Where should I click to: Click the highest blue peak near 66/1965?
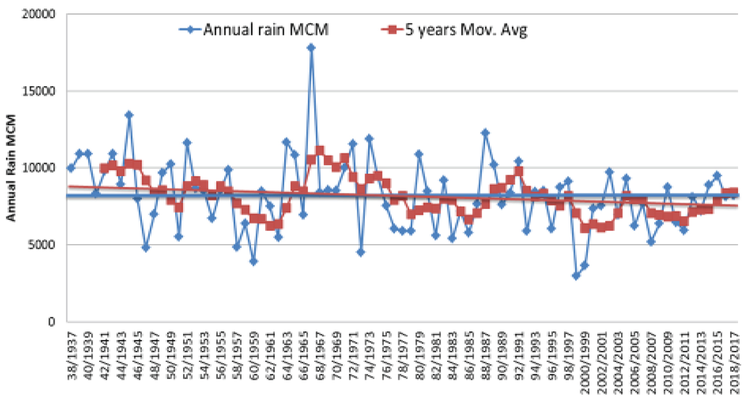point(311,48)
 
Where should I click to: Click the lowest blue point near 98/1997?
point(576,276)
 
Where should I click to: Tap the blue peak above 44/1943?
point(129,115)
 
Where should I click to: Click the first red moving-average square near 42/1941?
point(104,169)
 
